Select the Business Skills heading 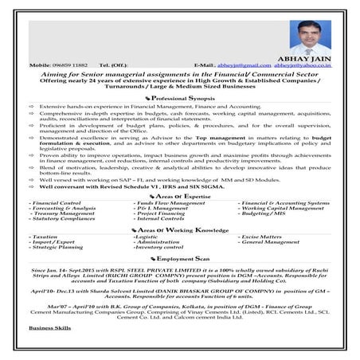(49, 350)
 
